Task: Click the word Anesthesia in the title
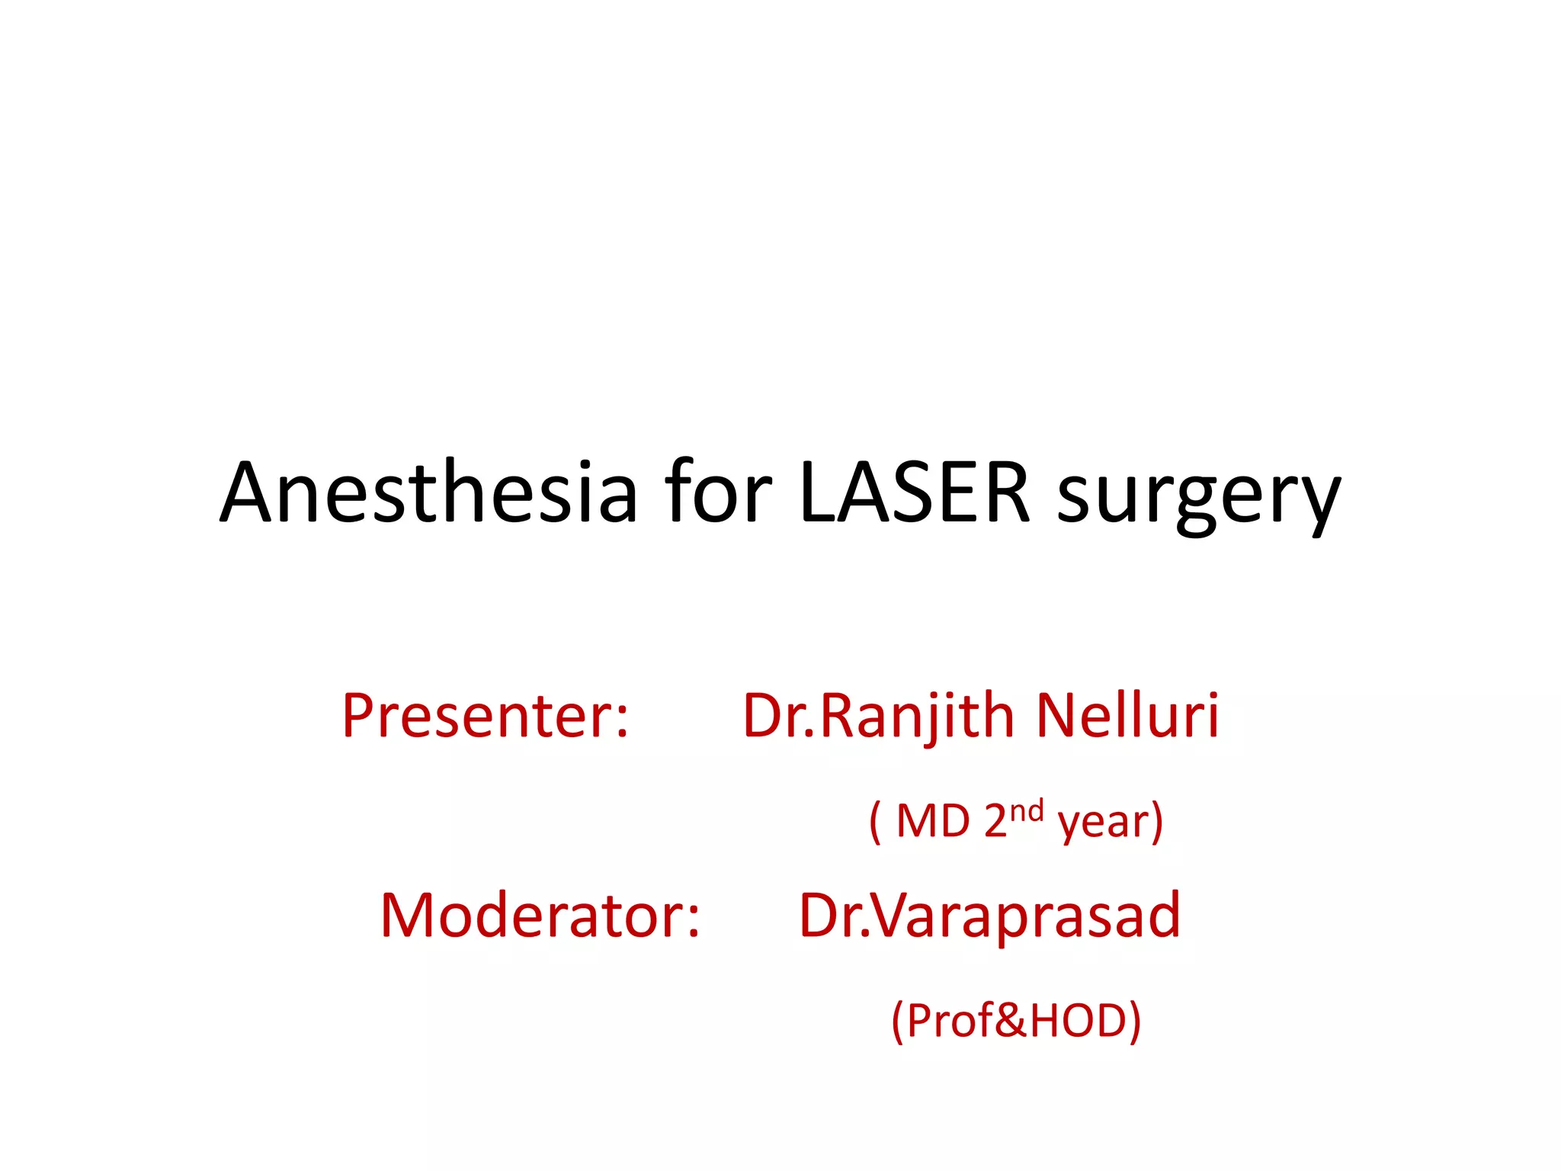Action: coord(428,494)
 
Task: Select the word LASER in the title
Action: coord(915,494)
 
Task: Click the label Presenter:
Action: coord(485,717)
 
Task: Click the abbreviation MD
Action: coord(933,822)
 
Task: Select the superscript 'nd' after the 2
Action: coord(1027,810)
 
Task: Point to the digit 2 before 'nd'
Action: coord(995,822)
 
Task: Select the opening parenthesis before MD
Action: coord(875,822)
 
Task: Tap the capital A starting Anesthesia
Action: coord(248,494)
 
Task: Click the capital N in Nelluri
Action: coord(1057,717)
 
